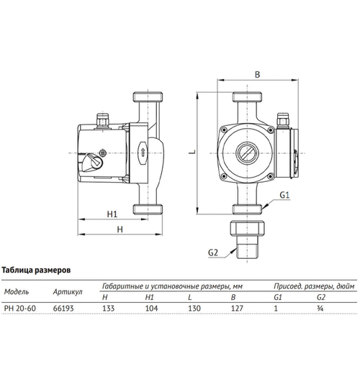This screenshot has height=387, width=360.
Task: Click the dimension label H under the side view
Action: point(120,229)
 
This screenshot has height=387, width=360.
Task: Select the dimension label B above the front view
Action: point(257,73)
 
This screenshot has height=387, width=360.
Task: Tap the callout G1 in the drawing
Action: point(284,195)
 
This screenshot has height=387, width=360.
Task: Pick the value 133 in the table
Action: point(109,306)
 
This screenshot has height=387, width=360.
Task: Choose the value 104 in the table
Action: point(150,306)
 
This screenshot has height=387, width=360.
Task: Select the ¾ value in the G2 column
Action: point(320,306)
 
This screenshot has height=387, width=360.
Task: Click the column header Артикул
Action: point(68,293)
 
